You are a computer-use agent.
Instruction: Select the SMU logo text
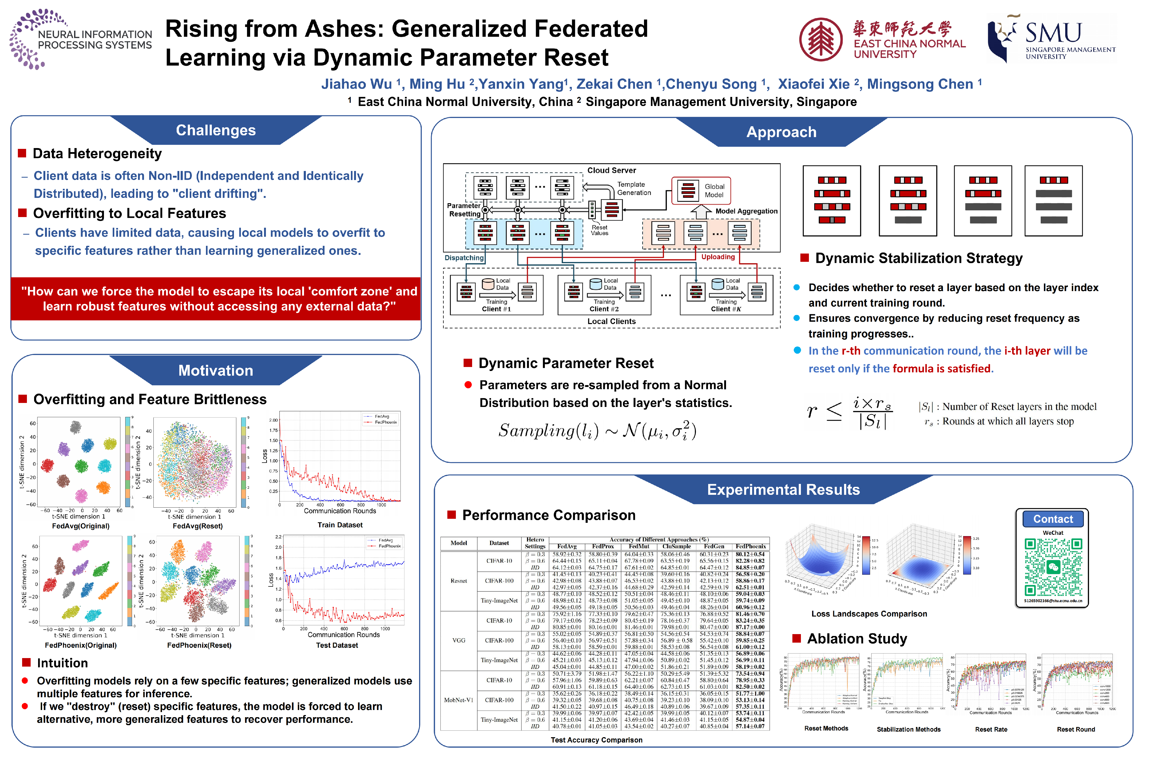pos(1053,33)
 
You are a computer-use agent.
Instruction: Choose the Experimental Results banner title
pos(783,490)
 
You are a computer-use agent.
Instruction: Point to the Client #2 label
pos(604,309)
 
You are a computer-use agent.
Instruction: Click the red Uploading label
pos(718,257)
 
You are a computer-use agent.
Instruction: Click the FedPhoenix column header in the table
pos(751,546)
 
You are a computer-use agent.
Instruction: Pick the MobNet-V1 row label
pos(459,700)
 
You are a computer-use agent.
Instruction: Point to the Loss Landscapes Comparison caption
pos(869,614)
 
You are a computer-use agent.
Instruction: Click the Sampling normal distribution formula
pos(597,430)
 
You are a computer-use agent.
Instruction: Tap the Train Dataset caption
pos(340,525)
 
